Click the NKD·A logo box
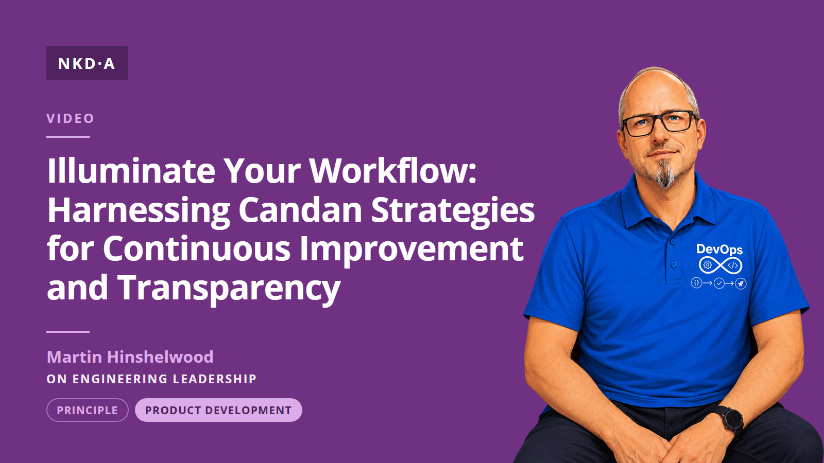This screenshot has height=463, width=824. coord(87,63)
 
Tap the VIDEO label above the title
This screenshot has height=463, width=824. coord(70,118)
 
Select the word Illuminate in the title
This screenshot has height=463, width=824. coord(131,170)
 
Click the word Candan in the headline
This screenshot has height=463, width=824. coord(300,210)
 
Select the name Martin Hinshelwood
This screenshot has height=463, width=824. coord(130,357)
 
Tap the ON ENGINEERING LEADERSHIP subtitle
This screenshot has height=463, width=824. coord(151,379)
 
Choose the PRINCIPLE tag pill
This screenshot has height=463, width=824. coord(88,410)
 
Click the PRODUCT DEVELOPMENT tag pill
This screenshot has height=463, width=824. coord(218,410)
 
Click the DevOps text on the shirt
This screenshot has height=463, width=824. coord(719,250)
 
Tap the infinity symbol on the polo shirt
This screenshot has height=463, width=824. coord(720,265)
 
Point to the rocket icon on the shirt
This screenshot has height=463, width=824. coord(741,283)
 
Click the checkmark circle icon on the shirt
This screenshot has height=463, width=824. coord(719,283)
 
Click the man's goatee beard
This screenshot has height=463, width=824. coord(666,173)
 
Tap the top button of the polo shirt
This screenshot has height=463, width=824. coord(673,242)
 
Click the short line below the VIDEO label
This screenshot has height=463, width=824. coord(68,137)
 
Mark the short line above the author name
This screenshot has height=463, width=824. coord(68,331)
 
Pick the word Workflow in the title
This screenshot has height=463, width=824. coord(393,170)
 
